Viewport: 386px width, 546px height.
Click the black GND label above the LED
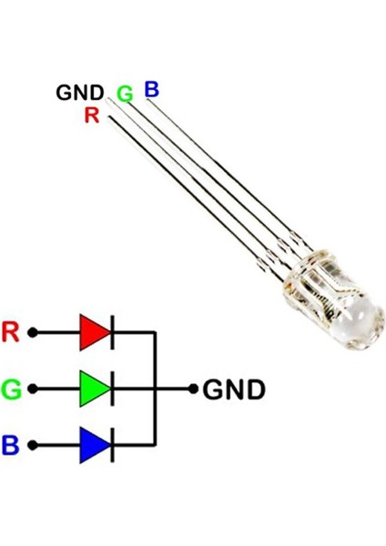79,93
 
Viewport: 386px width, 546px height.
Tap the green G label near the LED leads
125,94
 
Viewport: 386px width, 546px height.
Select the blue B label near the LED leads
151,88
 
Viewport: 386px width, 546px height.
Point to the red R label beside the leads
91,115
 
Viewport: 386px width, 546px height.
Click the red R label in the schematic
11,332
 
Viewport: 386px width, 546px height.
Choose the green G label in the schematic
11,389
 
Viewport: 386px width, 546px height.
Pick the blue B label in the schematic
11,445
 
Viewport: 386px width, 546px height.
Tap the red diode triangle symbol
94,332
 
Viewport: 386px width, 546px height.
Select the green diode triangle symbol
94,389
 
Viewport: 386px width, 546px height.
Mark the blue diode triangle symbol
94,445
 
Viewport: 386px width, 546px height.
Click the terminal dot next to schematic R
34,332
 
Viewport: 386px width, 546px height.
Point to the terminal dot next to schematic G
34,389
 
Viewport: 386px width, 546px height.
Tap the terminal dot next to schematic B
34,445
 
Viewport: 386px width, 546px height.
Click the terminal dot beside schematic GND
193,389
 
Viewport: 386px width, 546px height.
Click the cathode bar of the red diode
112,332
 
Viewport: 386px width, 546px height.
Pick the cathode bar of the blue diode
112,445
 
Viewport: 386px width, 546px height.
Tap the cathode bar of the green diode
112,389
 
